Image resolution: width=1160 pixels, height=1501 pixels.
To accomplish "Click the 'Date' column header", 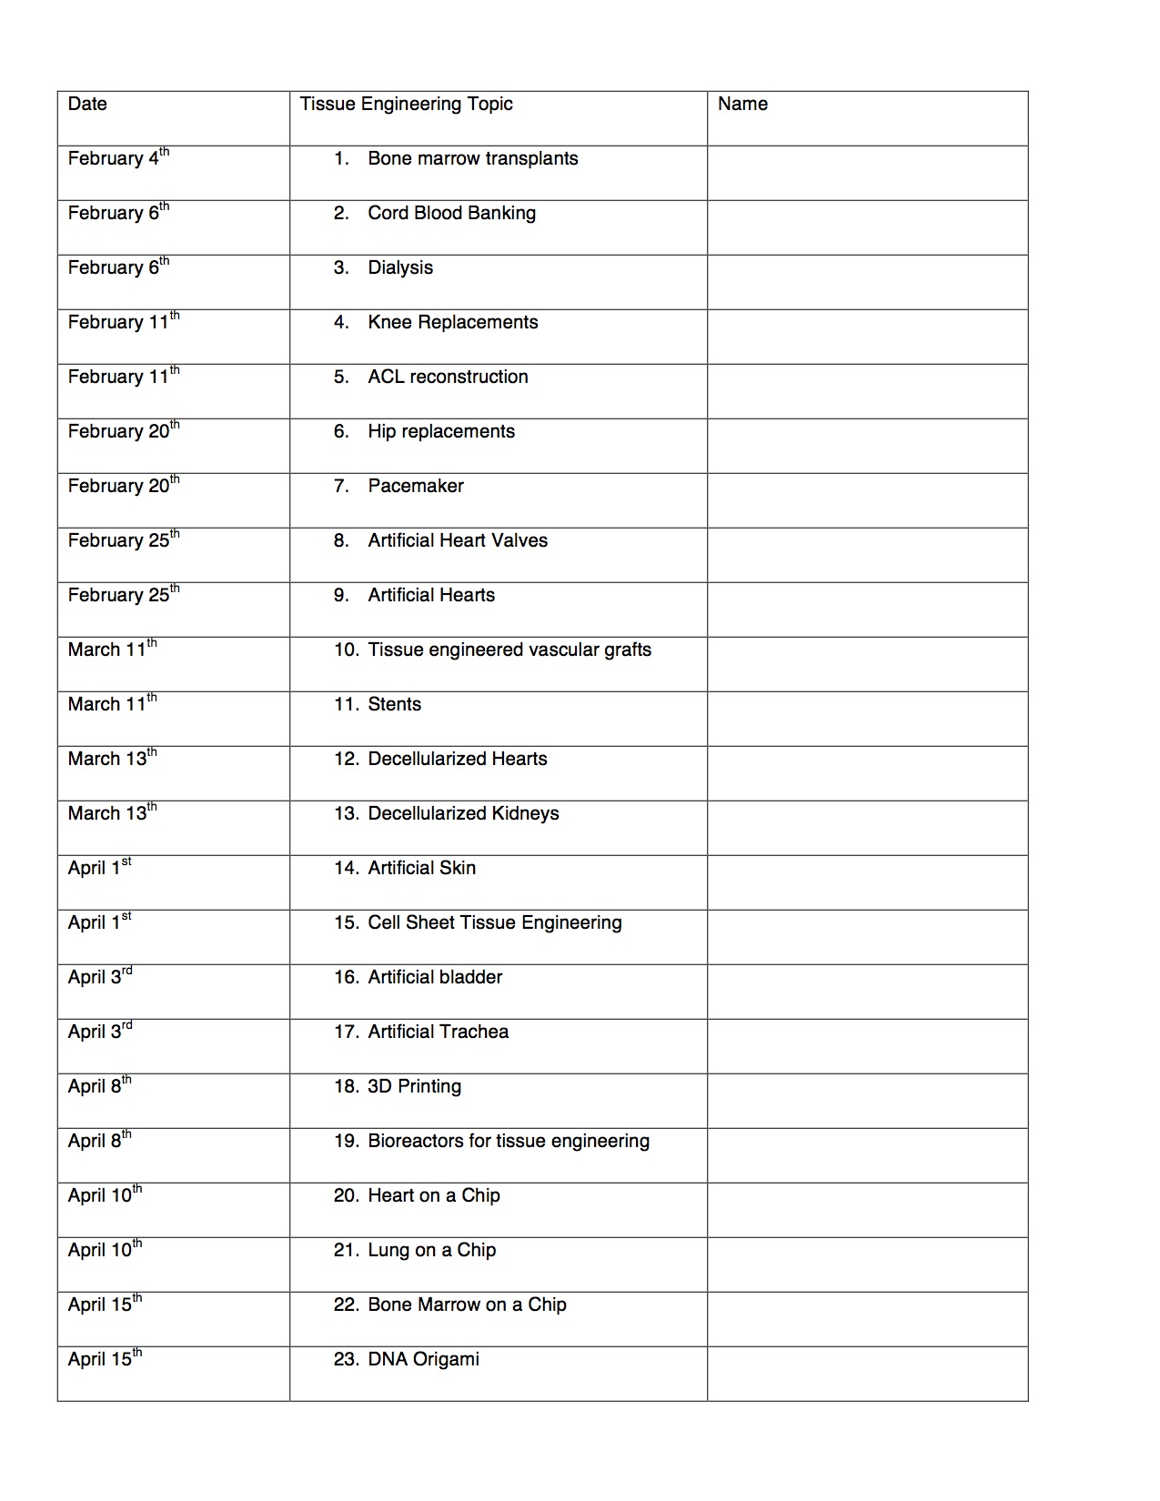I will coord(87,104).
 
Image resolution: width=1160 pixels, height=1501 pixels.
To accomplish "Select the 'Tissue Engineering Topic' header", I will coord(406,104).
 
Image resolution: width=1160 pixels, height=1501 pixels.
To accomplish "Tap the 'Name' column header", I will coord(742,104).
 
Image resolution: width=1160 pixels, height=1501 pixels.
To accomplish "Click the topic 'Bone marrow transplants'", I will coord(472,158).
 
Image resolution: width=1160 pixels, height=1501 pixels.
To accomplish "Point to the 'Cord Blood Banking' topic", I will coord(451,213).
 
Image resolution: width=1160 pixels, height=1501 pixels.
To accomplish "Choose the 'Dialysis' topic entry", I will coord(400,267).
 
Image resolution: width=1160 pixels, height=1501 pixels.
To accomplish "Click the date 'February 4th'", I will coord(117,158).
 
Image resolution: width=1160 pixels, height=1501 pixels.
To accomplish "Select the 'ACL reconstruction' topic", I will coord(448,377).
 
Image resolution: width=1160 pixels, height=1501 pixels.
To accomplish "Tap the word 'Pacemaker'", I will coord(416,486).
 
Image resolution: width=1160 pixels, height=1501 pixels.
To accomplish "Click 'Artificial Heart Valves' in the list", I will coord(458,540).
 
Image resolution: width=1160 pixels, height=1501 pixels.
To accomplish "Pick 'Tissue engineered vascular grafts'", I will coord(509,650).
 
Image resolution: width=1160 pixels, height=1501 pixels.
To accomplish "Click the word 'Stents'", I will coord(395,704).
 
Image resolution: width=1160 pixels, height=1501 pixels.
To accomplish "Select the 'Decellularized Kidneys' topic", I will coord(463,813).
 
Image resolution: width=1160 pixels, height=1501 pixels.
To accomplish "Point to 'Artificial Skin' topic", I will coord(421,868).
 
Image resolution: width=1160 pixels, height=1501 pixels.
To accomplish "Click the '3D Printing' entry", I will coord(414,1086).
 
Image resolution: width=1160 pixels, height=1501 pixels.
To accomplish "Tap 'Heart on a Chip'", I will coord(434,1195).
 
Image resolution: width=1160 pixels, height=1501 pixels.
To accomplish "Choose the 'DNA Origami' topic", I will coord(423,1359).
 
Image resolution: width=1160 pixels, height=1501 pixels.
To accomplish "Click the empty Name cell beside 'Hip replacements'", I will coord(867,446).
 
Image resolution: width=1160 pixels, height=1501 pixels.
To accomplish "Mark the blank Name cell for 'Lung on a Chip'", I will coord(867,1264).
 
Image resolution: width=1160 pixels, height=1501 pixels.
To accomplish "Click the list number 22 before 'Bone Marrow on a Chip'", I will coord(346,1305).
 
